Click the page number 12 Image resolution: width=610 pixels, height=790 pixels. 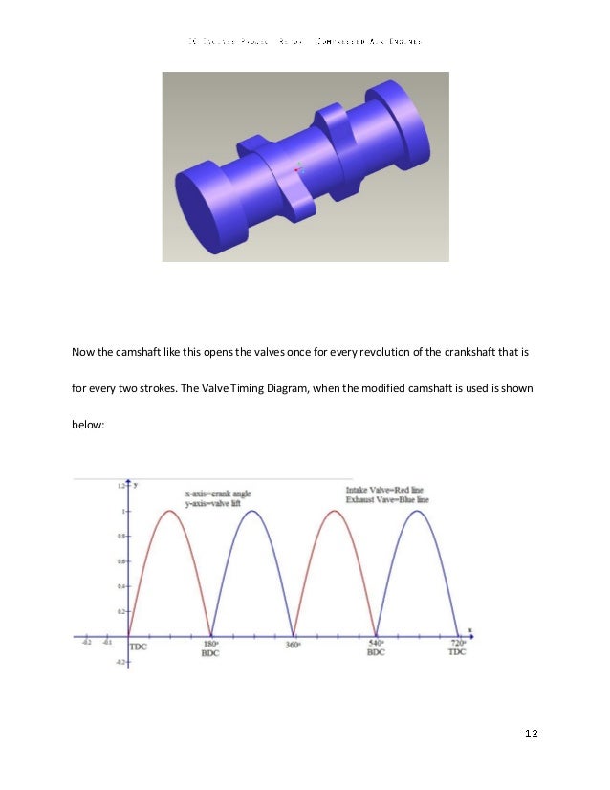pos(532,734)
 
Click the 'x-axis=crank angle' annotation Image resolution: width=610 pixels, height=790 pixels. pos(219,494)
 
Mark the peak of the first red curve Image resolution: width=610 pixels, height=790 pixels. pos(169,511)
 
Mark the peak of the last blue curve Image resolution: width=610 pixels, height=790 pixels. pos(417,511)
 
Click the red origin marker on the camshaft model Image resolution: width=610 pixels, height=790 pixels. pos(296,169)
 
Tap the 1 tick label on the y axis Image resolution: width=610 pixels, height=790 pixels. pos(121,511)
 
